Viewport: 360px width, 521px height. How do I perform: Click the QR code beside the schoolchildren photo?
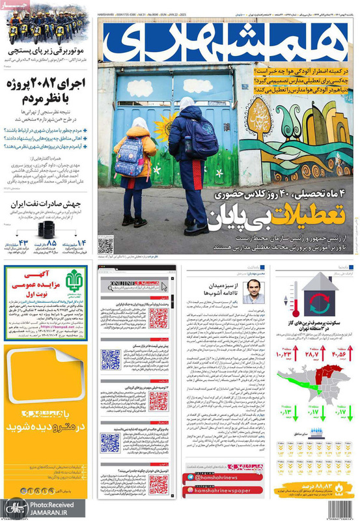pos(105,245)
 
